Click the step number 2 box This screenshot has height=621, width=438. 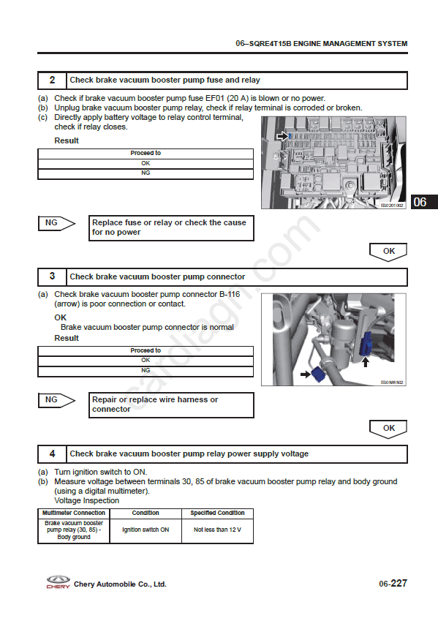[52, 80]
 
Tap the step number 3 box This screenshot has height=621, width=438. [52, 276]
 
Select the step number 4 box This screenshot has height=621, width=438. [52, 454]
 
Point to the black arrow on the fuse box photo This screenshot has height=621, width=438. [282, 136]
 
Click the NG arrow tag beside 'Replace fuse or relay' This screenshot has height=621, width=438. [56, 223]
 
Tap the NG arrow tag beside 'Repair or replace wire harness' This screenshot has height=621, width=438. [56, 400]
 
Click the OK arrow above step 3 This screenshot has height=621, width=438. [388, 252]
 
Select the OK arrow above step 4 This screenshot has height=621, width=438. [388, 429]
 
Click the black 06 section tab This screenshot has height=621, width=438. [424, 202]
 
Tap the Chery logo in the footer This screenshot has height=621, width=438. [58, 582]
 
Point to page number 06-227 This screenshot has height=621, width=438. [393, 584]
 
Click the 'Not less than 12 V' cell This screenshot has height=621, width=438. [217, 530]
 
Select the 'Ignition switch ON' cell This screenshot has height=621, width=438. [146, 530]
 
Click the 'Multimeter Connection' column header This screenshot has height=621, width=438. [74, 513]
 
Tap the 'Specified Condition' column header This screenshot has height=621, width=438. [217, 513]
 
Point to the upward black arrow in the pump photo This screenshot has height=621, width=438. [365, 362]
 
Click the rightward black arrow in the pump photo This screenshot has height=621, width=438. [306, 374]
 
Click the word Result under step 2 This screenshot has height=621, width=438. [67, 140]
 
